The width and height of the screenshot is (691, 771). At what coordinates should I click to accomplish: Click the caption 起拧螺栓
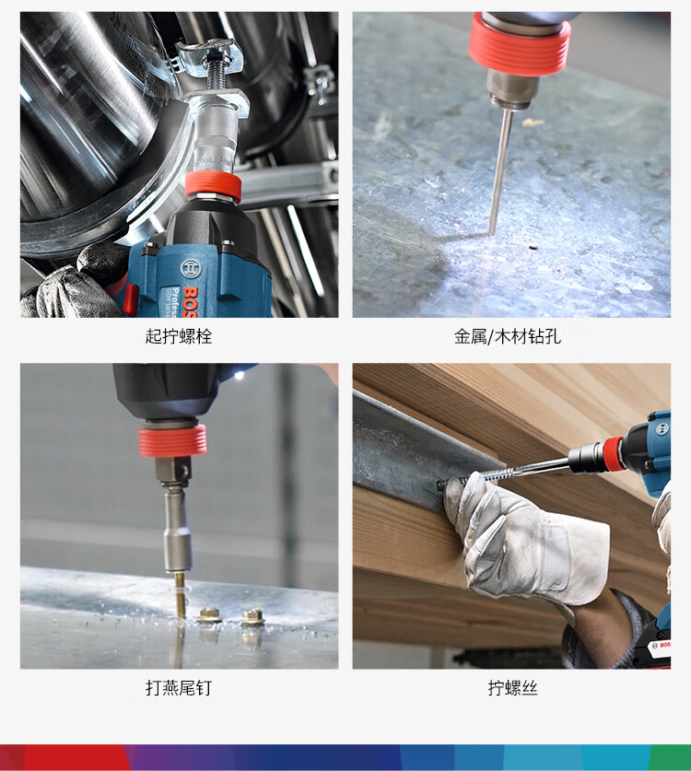click(179, 336)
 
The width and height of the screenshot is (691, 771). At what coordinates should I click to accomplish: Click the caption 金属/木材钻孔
click(507, 336)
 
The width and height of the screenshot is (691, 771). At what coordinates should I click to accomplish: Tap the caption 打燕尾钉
click(179, 687)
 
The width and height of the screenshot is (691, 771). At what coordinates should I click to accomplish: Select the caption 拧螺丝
click(512, 687)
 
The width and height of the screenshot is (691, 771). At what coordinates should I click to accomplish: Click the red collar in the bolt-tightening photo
click(213, 186)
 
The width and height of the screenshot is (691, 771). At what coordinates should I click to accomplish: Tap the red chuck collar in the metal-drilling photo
click(519, 45)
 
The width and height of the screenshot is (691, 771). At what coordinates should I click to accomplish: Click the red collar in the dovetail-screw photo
click(172, 440)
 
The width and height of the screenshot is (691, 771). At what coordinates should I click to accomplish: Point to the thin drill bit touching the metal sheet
click(500, 172)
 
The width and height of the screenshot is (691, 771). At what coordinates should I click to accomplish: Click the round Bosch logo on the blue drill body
click(191, 268)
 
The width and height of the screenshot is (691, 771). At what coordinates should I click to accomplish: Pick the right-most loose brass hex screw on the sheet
click(252, 616)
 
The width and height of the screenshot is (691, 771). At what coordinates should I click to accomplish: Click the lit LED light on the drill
click(239, 376)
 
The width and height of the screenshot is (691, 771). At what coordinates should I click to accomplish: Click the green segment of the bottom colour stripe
click(671, 758)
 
